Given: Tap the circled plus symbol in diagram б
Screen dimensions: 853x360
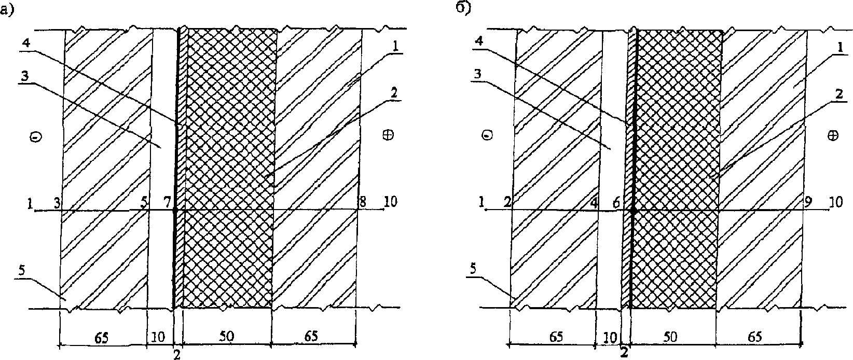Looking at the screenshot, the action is (x=832, y=135).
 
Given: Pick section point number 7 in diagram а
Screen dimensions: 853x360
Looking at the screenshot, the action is (x=167, y=202).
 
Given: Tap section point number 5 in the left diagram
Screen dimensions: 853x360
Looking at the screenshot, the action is (x=145, y=202).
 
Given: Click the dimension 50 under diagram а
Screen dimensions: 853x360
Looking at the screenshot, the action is (x=227, y=336).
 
